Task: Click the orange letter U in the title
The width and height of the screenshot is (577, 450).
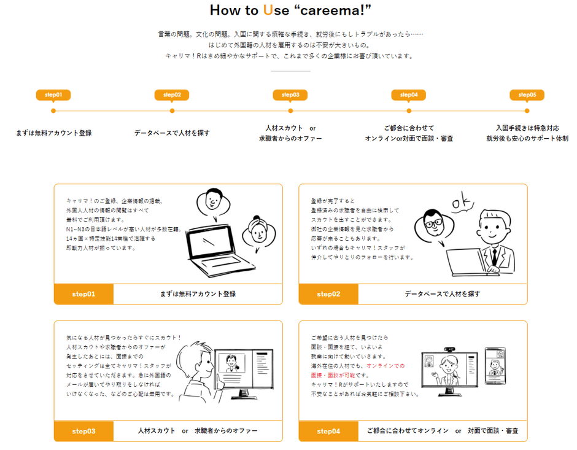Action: pyautogui.click(x=268, y=10)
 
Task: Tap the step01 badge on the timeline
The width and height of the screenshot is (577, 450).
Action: pyautogui.click(x=53, y=95)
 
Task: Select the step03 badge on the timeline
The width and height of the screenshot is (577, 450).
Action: pyautogui.click(x=290, y=95)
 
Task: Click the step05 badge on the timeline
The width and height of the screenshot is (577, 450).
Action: pyautogui.click(x=527, y=95)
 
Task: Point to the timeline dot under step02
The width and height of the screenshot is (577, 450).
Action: pyautogui.click(x=172, y=111)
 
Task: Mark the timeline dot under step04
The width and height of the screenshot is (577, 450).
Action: pyautogui.click(x=409, y=111)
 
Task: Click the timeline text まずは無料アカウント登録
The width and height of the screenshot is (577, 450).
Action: pyautogui.click(x=54, y=133)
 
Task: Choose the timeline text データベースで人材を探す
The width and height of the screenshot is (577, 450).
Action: pyautogui.click(x=172, y=133)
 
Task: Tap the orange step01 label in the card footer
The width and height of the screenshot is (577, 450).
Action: pyautogui.click(x=83, y=294)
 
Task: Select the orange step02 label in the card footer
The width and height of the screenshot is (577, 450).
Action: pyautogui.click(x=328, y=294)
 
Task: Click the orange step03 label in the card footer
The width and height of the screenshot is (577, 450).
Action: pyautogui.click(x=83, y=431)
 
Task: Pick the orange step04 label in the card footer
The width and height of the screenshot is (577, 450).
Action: pyautogui.click(x=328, y=431)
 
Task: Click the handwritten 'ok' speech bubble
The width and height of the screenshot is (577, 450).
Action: pyautogui.click(x=461, y=204)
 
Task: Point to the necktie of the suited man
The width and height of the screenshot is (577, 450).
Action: pyautogui.click(x=495, y=254)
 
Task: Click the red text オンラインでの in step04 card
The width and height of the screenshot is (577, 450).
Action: pyautogui.click(x=385, y=365)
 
